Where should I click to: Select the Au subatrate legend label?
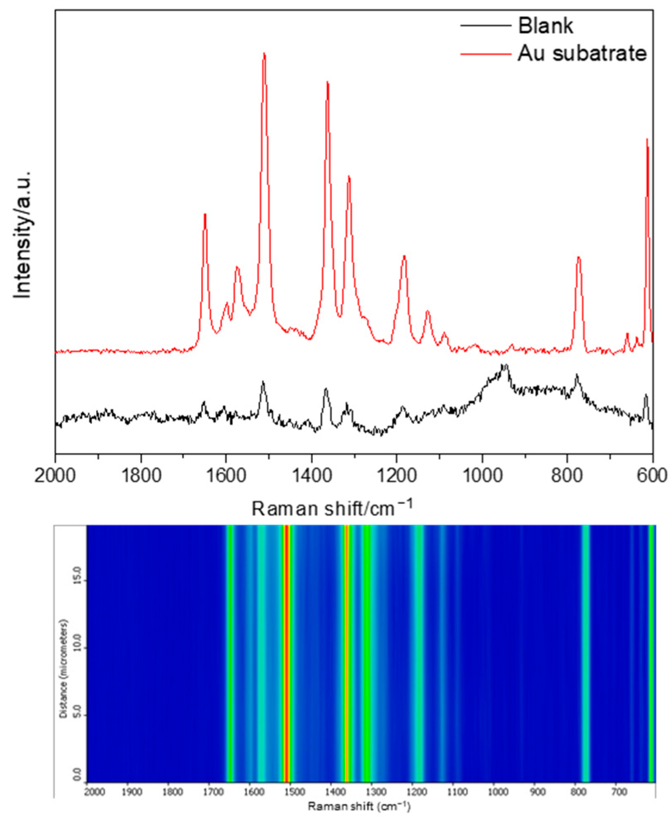(582, 54)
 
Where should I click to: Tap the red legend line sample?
(485, 54)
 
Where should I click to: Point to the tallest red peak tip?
(264, 54)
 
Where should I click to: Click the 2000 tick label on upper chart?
(55, 475)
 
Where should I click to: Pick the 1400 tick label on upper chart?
(312, 475)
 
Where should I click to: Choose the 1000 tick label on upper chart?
(483, 475)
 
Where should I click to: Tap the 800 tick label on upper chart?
(567, 475)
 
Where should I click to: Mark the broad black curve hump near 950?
(505, 367)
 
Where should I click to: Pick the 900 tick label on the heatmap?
(538, 791)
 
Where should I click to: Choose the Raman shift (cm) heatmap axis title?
(359, 807)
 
